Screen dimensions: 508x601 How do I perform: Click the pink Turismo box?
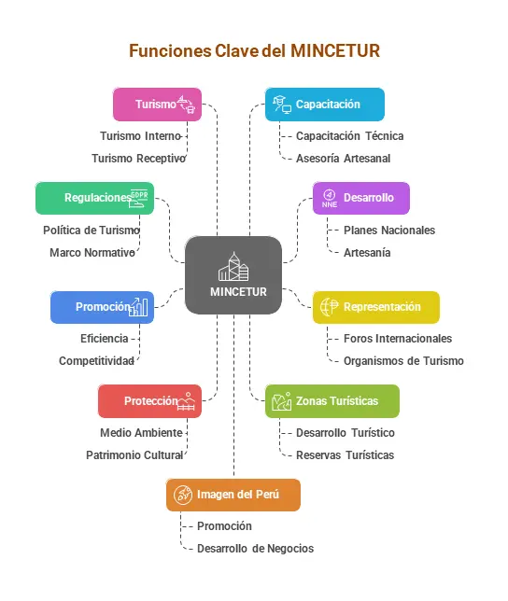click(x=157, y=105)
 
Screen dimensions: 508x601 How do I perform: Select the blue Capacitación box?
click(x=325, y=105)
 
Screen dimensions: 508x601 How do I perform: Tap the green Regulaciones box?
click(x=94, y=198)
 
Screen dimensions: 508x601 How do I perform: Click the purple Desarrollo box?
click(x=361, y=198)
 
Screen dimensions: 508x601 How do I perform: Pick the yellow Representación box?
click(x=376, y=307)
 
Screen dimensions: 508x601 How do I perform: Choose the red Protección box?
click(x=150, y=401)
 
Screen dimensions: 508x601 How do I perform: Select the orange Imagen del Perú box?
click(x=233, y=495)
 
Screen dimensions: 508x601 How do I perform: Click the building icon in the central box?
click(x=233, y=267)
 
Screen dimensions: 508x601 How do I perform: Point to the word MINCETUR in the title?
click(x=335, y=50)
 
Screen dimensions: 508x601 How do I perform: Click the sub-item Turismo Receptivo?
click(x=139, y=159)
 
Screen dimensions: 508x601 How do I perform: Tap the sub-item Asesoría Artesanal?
click(x=343, y=159)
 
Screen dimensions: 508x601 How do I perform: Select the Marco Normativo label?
click(x=92, y=253)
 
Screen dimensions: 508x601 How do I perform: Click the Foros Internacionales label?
click(x=398, y=339)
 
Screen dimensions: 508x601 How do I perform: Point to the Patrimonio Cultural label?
click(x=134, y=455)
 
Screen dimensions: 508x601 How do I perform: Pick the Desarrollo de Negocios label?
click(x=255, y=549)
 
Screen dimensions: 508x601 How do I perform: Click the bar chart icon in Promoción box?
click(x=138, y=307)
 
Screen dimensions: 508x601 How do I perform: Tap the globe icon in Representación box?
click(x=330, y=307)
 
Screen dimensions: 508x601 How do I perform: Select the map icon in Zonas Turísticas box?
click(x=281, y=401)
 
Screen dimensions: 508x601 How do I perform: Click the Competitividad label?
click(x=96, y=361)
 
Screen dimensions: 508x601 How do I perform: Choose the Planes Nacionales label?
click(x=389, y=231)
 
